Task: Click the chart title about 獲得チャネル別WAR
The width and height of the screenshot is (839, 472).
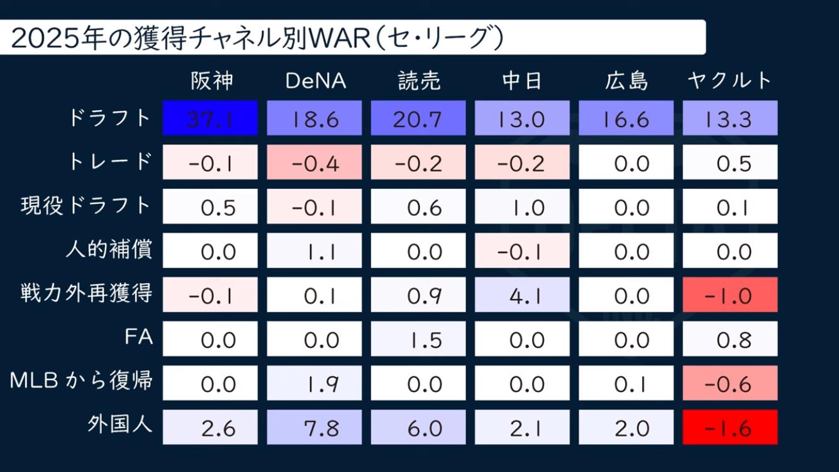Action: coord(258,38)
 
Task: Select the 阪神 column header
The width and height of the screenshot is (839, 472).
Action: coord(212,81)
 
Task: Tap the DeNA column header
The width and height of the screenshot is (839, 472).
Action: coord(316,81)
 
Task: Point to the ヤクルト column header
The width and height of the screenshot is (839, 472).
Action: coord(730,81)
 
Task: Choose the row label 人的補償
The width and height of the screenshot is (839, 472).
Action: coord(108,250)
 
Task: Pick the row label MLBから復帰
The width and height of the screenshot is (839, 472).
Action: coord(81,381)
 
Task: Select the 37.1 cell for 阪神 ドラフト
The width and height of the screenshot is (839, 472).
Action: coord(211,118)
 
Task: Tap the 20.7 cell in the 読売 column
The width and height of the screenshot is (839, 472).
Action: coord(418,118)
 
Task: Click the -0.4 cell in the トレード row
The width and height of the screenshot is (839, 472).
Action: coord(314,162)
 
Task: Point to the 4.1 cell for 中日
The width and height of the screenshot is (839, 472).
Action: coord(522,295)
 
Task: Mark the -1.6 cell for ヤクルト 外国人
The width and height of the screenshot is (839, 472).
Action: coord(730,427)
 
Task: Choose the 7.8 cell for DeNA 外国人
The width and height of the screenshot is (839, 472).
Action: coord(314,427)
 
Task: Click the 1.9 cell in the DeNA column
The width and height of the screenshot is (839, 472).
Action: coord(314,383)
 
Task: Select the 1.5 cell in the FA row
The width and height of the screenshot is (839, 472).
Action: coord(418,339)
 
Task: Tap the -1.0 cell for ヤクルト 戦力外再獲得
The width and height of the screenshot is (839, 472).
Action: coord(730,295)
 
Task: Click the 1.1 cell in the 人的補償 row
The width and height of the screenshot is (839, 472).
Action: coord(314,250)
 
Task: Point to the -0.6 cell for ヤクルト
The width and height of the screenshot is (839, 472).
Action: coord(730,383)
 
